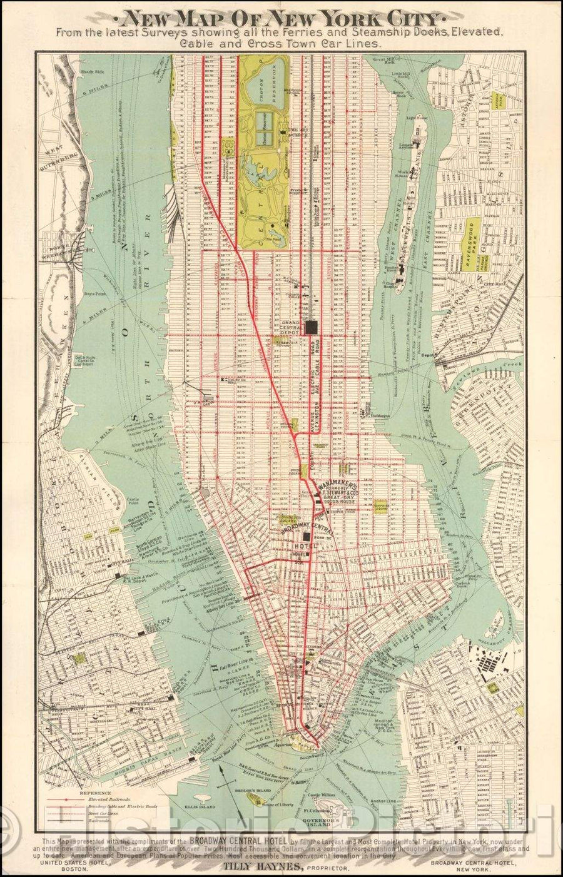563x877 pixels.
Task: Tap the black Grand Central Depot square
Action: (x=312, y=327)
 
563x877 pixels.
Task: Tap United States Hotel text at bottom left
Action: (x=75, y=861)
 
